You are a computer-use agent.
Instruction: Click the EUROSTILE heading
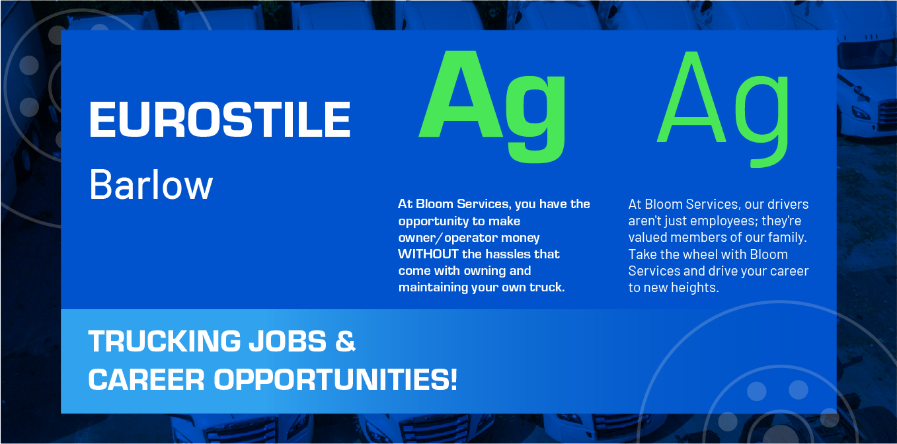[x=219, y=120]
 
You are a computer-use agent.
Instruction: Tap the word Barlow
[x=151, y=184]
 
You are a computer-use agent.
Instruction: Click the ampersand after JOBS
[x=346, y=342]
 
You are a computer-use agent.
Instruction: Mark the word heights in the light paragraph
[x=696, y=288]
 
